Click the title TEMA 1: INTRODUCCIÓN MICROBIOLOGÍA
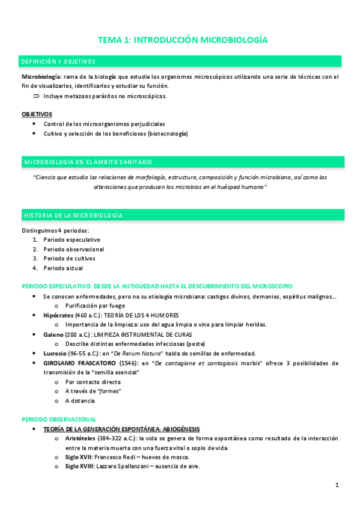pos(183,40)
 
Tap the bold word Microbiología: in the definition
pos(41,77)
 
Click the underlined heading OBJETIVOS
pos(37,114)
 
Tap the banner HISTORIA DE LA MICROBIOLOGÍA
pos(73,215)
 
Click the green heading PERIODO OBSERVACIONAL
pos(58,419)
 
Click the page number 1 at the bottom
pos(337,485)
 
